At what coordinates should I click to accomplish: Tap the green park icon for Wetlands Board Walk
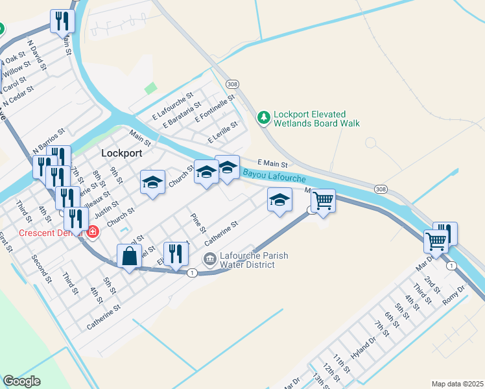coord(263,117)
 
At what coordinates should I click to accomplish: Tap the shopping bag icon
coord(129,256)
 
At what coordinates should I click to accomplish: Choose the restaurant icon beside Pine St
coord(175,253)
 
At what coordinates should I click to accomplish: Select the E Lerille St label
coord(223,133)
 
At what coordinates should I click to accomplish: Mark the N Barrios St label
coord(49,140)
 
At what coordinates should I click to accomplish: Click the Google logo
coord(21,381)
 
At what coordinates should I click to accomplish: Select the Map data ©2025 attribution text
coord(457,384)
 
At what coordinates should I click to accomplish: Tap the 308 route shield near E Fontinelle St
coord(231,84)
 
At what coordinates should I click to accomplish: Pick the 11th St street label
coord(342,363)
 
